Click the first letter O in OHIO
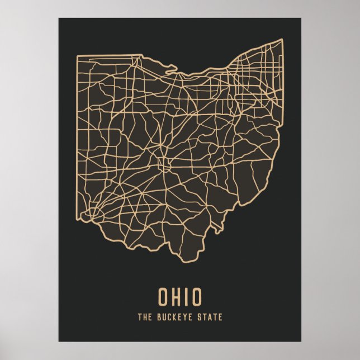(163, 297)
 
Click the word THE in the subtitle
(144, 318)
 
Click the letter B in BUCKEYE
(158, 318)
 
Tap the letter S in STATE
(200, 318)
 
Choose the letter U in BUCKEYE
(163, 318)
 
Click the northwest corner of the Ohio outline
(78, 55)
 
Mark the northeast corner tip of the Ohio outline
(282, 39)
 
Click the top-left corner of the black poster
(59, 18)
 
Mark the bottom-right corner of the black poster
(301, 342)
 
